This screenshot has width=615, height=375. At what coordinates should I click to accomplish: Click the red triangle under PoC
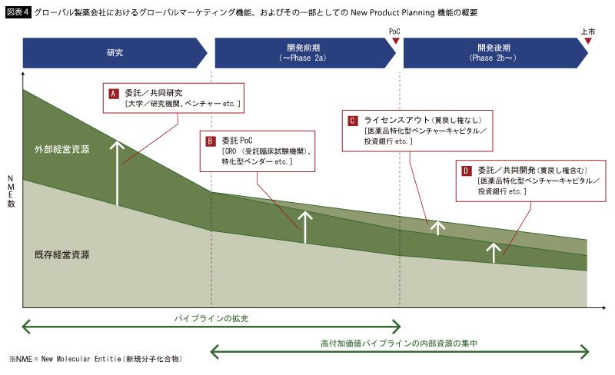395,41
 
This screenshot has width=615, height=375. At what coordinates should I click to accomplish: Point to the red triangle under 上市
587,41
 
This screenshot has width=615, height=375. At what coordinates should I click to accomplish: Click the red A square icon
112,93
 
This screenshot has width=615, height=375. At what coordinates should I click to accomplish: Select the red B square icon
209,141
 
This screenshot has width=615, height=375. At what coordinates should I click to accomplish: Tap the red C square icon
352,121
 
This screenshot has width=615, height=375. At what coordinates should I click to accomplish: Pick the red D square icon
466,171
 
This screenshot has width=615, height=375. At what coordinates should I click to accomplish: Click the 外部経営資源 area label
61,149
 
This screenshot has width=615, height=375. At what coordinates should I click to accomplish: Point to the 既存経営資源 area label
61,254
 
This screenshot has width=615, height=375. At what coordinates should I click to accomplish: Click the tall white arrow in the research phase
118,173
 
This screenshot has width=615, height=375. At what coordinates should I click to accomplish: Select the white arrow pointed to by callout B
305,227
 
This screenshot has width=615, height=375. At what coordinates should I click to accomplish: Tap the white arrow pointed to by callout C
437,227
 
